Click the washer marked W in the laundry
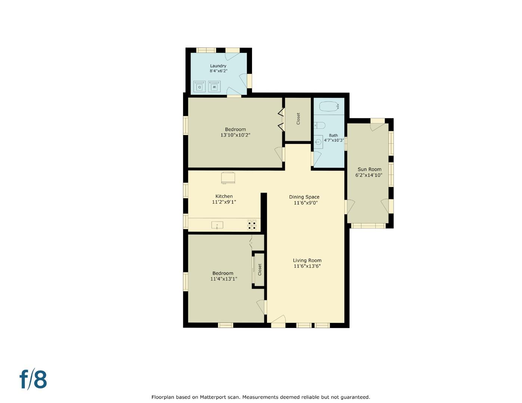[214, 86]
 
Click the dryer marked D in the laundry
[200, 86]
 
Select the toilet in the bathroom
[320, 125]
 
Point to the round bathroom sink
[318, 141]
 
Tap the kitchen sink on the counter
[217, 225]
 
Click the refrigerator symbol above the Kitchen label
[228, 177]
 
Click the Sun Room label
[369, 169]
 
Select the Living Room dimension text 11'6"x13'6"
[307, 266]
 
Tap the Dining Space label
[304, 197]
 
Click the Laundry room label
[218, 66]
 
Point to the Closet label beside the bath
[298, 119]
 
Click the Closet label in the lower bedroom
[260, 269]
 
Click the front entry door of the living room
[278, 321]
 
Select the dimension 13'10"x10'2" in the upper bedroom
[235, 135]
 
